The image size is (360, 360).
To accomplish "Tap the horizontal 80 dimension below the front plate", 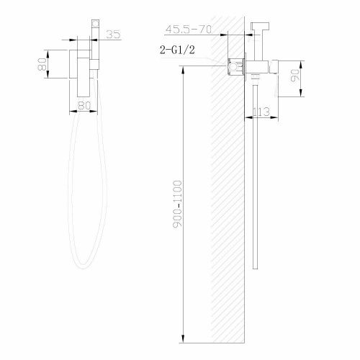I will tap(84, 105).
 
